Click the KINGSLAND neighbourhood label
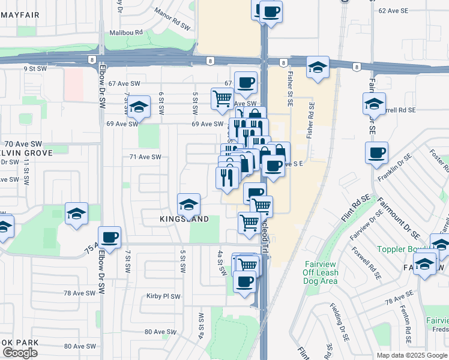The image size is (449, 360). (x=184, y=219)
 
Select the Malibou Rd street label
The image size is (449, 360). (x=125, y=33)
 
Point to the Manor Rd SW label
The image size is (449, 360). (x=155, y=11)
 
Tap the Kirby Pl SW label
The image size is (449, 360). (x=163, y=296)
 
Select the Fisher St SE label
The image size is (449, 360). (x=290, y=89)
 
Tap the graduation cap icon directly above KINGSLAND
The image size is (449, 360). (x=188, y=204)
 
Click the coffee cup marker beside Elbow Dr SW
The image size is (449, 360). (x=109, y=237)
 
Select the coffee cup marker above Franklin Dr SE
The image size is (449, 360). (x=376, y=153)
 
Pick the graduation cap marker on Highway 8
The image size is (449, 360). (x=317, y=67)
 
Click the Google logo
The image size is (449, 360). (x=20, y=353)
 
